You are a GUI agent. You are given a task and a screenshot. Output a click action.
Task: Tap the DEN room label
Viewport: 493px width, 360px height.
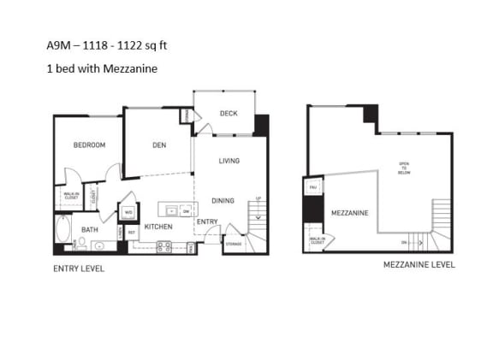158,145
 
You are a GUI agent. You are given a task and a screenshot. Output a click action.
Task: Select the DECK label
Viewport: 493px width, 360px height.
228,114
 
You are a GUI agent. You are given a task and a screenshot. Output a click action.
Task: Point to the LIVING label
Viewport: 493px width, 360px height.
229,161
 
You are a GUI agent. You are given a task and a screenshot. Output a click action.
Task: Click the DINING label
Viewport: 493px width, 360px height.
223,201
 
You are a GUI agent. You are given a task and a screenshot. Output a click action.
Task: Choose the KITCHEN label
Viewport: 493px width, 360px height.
158,227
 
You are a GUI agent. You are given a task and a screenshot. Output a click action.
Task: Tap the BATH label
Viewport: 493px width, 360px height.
90,229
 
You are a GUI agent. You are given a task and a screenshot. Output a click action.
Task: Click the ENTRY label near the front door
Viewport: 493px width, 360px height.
206,221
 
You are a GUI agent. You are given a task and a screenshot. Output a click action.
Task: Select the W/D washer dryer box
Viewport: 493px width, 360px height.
128,212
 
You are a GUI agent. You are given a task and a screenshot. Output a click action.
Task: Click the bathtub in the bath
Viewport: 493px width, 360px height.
64,229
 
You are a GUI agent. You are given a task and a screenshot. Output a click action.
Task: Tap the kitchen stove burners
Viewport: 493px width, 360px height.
164,247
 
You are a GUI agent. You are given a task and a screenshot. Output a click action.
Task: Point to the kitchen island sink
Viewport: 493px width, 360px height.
171,210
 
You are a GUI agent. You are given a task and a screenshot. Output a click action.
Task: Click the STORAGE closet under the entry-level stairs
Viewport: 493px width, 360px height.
233,244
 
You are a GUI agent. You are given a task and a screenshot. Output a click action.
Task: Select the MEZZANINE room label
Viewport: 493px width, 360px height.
349,213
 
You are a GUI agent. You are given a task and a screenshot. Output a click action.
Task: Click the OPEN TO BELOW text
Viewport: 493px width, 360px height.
404,168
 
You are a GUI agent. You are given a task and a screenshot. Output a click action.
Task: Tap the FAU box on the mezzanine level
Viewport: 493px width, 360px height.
313,186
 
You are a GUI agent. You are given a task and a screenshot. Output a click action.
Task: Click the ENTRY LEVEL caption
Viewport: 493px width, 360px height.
79,268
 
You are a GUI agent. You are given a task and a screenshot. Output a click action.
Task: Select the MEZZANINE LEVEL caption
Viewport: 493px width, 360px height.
419,265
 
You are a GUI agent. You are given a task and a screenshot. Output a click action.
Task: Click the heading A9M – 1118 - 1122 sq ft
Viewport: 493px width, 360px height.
113,44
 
